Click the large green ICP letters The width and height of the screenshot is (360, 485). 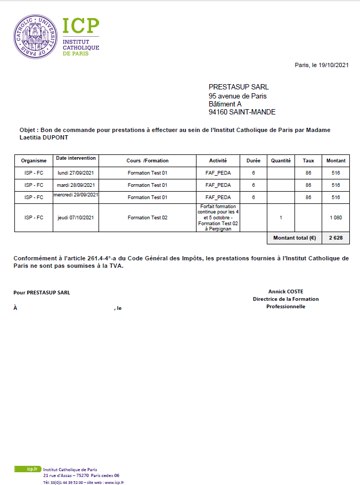[81, 27]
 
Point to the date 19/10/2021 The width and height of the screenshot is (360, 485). [333, 65]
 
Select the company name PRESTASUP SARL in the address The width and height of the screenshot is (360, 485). [239, 87]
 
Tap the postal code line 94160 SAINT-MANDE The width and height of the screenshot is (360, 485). [242, 112]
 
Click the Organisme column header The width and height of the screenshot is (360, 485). [34, 160]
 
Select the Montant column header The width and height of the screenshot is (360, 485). [336, 160]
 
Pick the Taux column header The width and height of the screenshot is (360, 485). [308, 160]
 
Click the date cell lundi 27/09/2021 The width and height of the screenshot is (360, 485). [76, 173]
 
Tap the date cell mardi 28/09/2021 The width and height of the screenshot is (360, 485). [76, 185]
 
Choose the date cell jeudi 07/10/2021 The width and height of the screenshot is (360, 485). [76, 217]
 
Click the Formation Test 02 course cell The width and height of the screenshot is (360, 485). [148, 217]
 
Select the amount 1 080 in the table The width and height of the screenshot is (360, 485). [336, 217]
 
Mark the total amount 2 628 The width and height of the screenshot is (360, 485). [336, 238]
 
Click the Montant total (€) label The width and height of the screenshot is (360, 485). [294, 238]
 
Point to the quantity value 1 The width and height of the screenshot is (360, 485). [281, 217]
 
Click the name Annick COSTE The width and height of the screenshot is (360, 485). [285, 291]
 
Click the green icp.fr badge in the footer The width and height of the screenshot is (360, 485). [27, 469]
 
